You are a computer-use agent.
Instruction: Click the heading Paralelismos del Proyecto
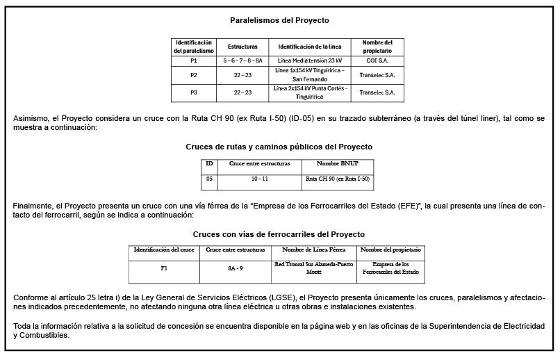[x=279, y=21]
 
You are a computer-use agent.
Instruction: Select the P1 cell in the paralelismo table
[x=194, y=61]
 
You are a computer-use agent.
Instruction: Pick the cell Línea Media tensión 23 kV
[x=311, y=61]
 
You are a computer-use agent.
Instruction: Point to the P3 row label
[x=194, y=92]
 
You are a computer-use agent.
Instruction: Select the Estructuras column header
[x=242, y=47]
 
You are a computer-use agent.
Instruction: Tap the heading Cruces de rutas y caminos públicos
[x=279, y=147]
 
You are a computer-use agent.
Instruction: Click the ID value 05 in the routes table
[x=209, y=179]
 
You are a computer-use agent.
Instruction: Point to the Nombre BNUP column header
[x=337, y=163]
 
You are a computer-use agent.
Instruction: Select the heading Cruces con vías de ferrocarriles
[x=279, y=234]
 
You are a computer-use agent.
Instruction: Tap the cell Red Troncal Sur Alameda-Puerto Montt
[x=313, y=268]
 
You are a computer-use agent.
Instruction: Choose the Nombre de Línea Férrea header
[x=313, y=249]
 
